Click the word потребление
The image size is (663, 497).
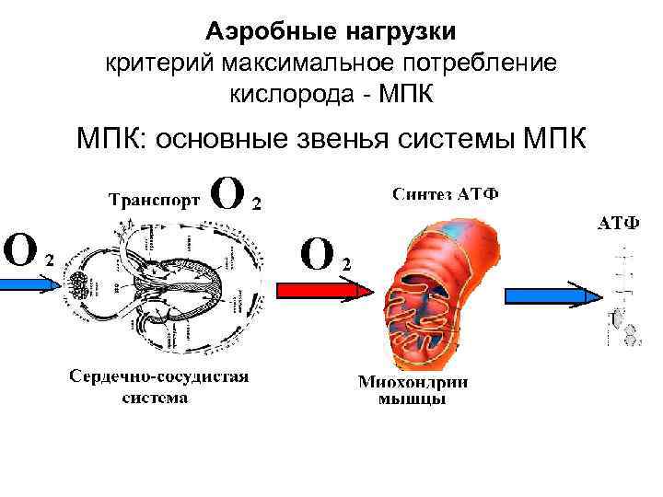(x=476, y=63)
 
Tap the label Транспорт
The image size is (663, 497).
(x=154, y=201)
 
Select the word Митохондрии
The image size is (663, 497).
(x=412, y=383)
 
